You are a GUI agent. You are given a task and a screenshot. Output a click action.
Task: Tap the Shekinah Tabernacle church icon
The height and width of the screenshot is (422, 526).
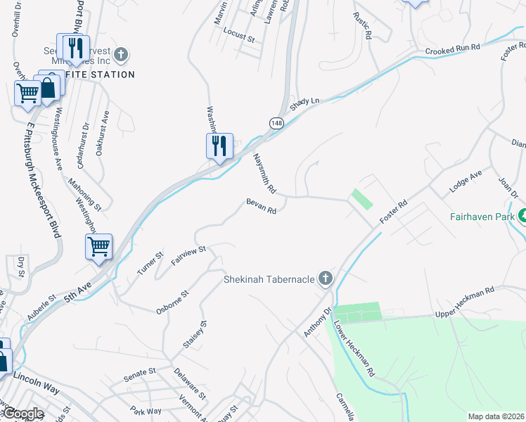325,279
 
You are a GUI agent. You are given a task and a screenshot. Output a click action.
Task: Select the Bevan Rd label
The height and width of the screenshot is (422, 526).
261,206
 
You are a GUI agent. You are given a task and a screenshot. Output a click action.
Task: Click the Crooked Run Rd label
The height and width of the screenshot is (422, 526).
452,50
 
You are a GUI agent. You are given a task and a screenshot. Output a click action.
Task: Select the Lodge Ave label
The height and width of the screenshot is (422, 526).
466,181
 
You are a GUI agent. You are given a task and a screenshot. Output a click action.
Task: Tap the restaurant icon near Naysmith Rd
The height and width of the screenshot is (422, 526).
219,146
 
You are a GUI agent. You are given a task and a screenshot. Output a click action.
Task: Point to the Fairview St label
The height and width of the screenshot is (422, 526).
188,255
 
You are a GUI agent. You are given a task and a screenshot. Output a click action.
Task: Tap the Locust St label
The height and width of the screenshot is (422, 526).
238,36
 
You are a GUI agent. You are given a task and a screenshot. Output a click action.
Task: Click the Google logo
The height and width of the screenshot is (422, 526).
23,414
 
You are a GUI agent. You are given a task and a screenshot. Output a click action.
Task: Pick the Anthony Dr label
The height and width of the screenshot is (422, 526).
316,321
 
